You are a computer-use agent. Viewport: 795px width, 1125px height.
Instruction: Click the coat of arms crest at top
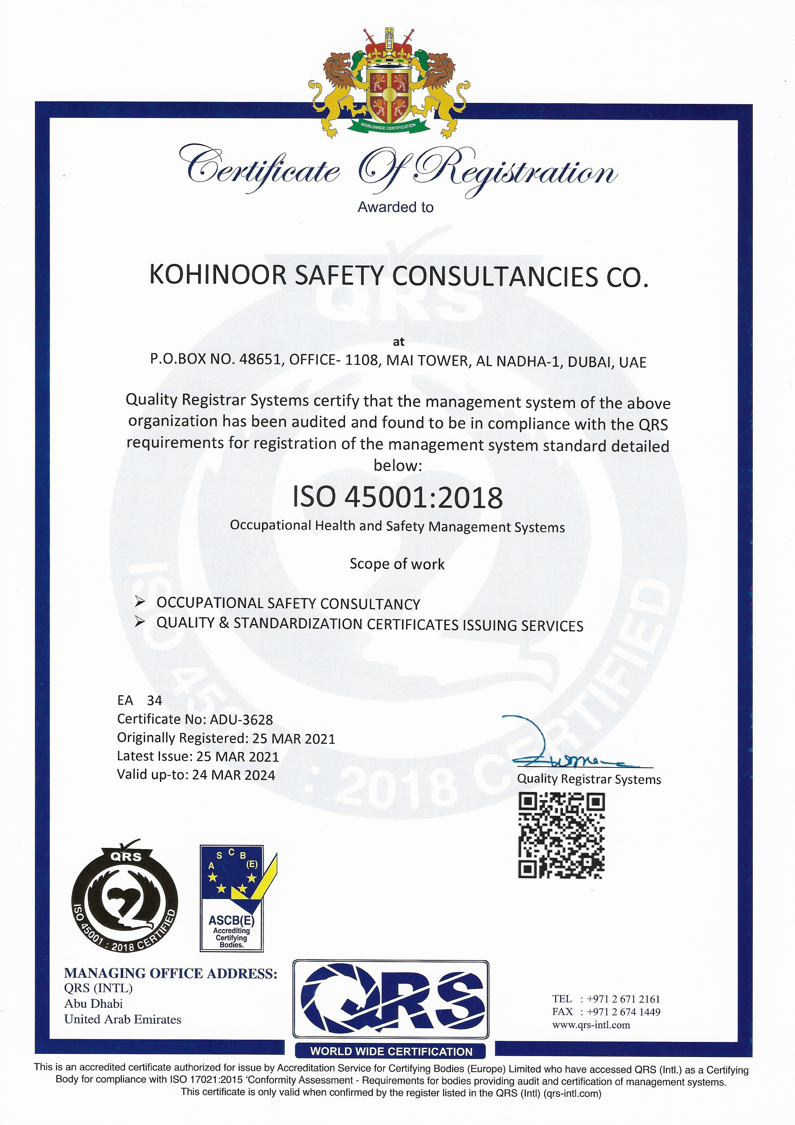389,83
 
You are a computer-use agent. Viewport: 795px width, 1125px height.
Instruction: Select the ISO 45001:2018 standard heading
397,497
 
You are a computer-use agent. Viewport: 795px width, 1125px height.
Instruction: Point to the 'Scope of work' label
397,564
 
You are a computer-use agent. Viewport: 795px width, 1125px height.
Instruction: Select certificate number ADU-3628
241,719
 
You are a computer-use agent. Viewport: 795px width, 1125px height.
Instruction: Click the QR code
561,835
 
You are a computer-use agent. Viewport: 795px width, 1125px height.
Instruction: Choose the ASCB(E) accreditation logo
232,898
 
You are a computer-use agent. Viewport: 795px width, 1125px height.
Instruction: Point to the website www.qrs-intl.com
591,1025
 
